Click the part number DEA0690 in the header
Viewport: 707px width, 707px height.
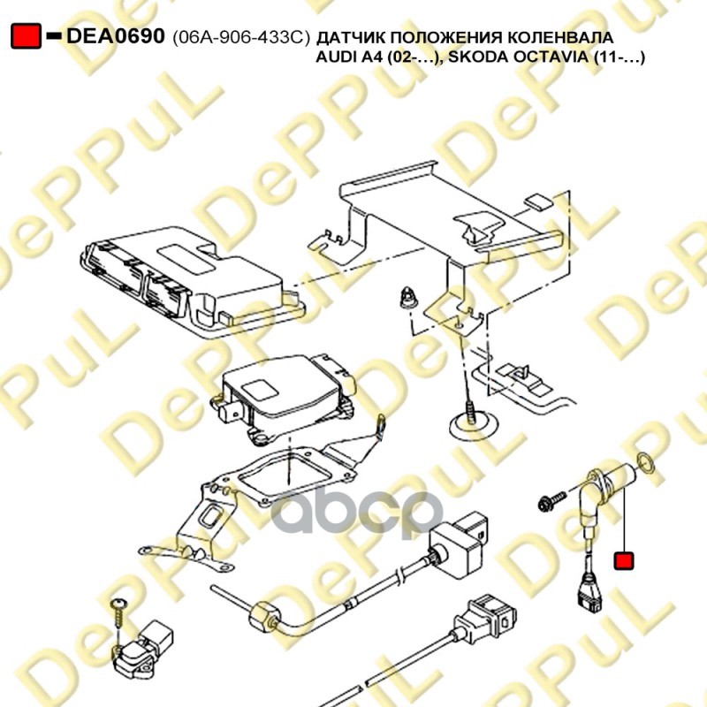click(116, 36)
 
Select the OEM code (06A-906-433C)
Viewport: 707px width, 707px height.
click(241, 38)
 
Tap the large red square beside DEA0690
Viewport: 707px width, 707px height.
click(26, 36)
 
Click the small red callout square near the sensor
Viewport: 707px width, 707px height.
click(625, 560)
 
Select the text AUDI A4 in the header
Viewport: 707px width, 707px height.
click(349, 57)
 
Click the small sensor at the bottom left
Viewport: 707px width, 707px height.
click(142, 650)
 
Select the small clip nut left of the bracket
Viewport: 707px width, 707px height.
click(408, 297)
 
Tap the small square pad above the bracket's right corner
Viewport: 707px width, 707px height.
click(537, 202)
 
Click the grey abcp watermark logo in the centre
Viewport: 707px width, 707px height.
click(356, 513)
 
